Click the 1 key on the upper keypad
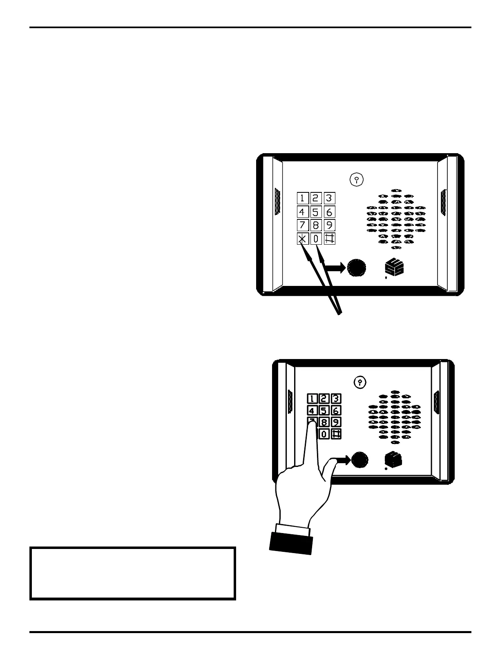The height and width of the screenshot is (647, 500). point(302,199)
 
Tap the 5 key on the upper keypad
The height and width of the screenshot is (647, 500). point(316,212)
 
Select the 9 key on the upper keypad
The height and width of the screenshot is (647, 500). point(329,225)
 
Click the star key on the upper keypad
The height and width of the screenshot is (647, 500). point(302,239)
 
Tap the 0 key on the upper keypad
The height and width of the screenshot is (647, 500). point(316,239)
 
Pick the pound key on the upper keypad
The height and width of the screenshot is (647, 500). point(329,239)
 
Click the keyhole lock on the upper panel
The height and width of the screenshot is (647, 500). point(357,179)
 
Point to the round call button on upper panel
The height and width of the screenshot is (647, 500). point(357,268)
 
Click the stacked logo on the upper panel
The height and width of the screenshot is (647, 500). point(394,268)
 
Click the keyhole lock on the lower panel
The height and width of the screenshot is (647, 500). point(359,382)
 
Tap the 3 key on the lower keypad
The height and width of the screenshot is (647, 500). point(336,399)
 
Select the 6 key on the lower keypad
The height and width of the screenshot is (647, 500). point(336,411)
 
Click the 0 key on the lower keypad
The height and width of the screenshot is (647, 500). point(324,434)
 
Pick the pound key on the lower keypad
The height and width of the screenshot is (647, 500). point(336,434)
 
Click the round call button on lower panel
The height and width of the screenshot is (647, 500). point(359,460)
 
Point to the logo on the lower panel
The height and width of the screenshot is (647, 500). point(394,460)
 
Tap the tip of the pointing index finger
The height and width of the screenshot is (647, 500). point(312,423)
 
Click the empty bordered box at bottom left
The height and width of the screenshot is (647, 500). point(133,573)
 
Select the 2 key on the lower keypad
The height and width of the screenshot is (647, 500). point(324,399)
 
